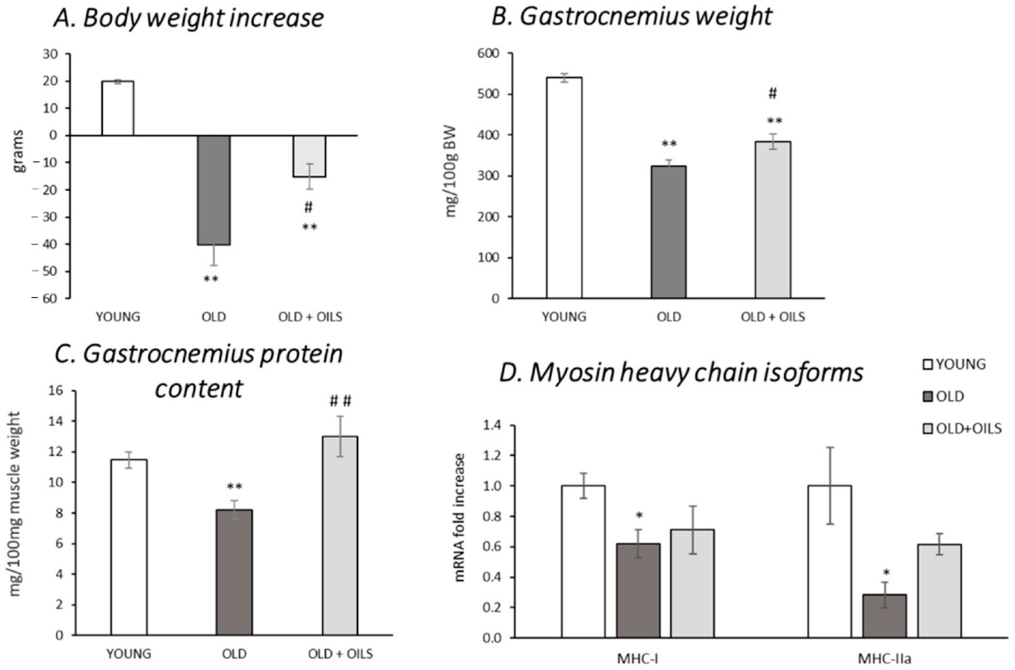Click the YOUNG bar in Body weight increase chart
(117, 108)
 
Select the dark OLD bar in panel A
(213, 190)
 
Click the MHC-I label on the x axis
(637, 659)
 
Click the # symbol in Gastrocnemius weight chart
(772, 94)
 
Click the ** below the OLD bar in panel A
(211, 280)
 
